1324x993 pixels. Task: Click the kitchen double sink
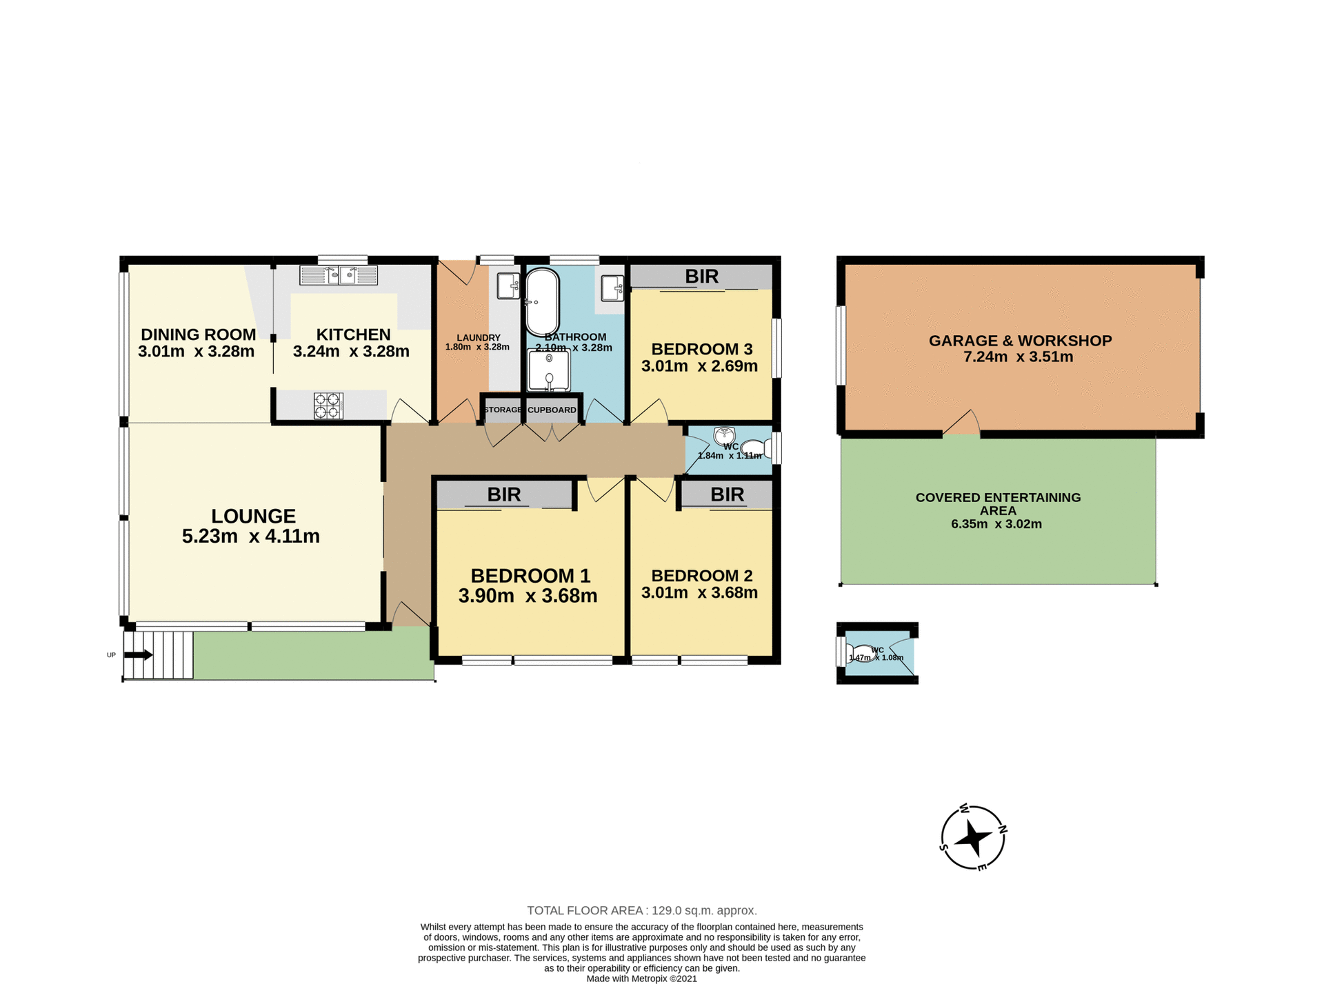coord(339,276)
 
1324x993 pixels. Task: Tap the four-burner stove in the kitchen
coord(328,405)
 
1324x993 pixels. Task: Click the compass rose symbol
coord(973,838)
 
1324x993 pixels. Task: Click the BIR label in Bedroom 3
coord(701,277)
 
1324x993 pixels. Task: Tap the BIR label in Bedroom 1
coord(503,494)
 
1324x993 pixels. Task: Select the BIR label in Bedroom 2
coord(727,494)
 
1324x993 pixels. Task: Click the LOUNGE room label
coord(253,516)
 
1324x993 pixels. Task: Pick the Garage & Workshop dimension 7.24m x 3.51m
coord(1018,357)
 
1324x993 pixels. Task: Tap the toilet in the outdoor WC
coord(860,652)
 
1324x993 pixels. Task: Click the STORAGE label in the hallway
coord(503,410)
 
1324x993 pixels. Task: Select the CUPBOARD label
coord(552,410)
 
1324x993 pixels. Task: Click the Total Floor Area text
coord(641,910)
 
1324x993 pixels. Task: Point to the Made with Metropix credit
coord(641,979)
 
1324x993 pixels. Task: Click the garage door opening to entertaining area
coord(961,428)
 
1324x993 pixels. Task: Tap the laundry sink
coord(508,285)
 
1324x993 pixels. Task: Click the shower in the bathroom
coord(549,371)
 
